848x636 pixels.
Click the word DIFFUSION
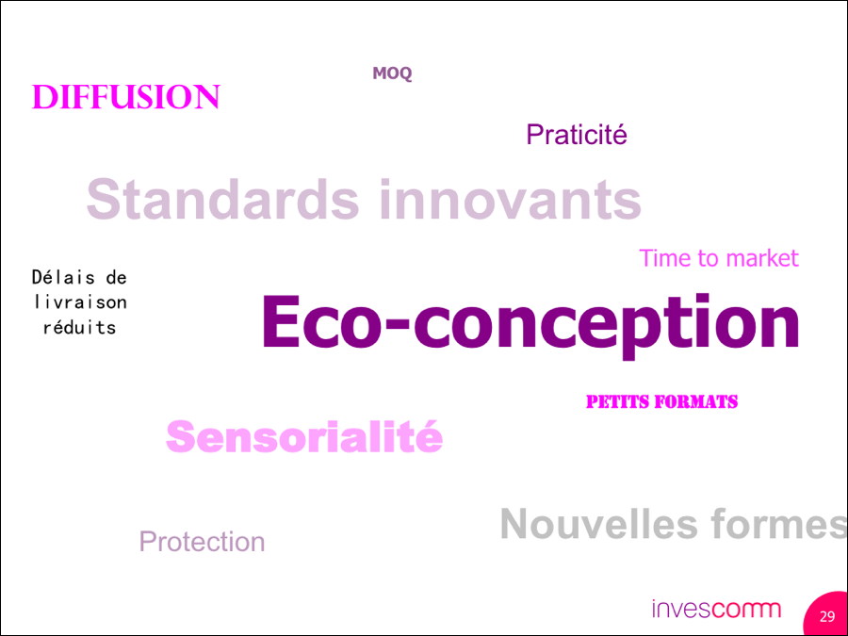point(126,97)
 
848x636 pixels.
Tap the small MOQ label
point(392,73)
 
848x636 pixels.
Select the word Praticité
point(577,134)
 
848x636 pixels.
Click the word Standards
point(222,199)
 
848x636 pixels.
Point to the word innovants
point(510,199)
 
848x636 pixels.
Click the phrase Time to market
point(719,258)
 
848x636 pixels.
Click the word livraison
point(80,302)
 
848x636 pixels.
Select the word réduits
point(79,327)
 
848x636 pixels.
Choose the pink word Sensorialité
point(304,436)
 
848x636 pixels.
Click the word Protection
point(203,542)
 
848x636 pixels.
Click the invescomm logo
point(717,609)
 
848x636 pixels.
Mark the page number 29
point(827,617)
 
